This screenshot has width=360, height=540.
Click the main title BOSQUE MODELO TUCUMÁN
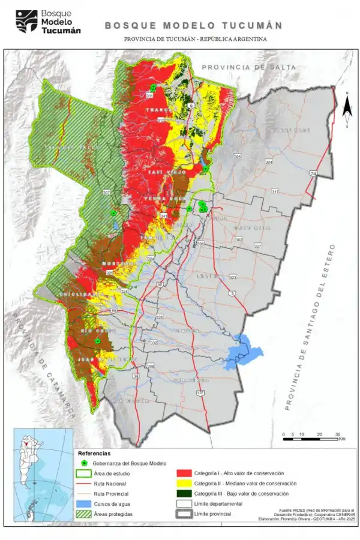194,26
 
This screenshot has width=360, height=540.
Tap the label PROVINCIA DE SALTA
249,67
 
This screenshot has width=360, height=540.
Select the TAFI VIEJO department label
161,172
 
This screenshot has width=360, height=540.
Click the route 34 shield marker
313,173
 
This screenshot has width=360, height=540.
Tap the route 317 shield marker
275,191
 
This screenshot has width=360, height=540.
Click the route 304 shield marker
268,163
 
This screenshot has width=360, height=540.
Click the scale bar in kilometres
312,439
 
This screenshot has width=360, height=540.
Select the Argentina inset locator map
42,477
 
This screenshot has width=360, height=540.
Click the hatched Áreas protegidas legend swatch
84,514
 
